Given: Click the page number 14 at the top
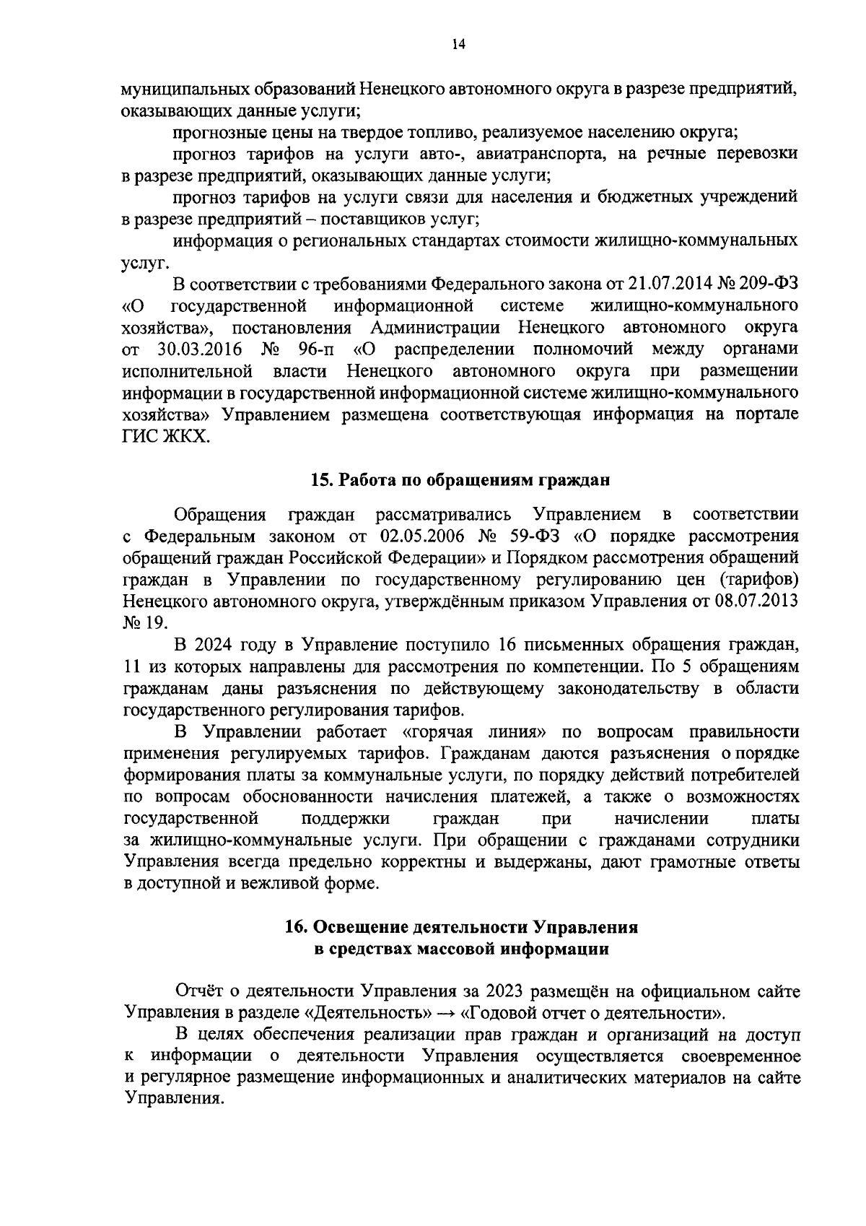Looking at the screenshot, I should point(458,45).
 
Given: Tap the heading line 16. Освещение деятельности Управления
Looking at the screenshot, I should point(461,927).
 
